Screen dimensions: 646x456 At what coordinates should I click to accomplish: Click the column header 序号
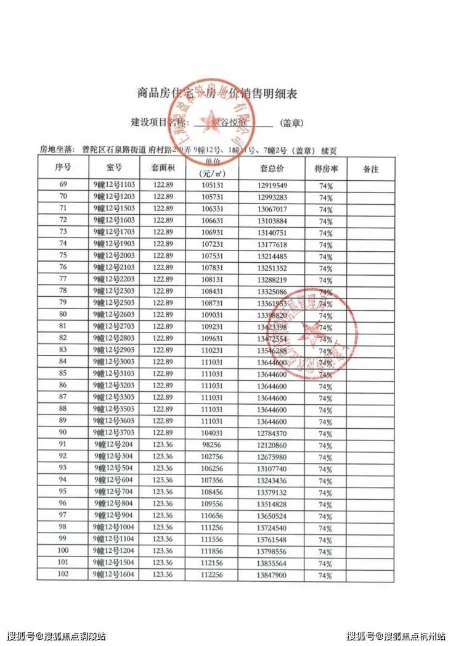coord(63,168)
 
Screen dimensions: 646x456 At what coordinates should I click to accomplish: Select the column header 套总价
coord(271,168)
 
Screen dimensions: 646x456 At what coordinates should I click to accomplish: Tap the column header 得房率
coord(325,168)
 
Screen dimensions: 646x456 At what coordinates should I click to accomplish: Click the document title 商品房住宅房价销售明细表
coord(217,94)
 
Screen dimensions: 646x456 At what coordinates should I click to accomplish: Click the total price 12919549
coord(271,186)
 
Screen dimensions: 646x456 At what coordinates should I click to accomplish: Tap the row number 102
coord(63,574)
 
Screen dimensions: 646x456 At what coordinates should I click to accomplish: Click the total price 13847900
coord(271,575)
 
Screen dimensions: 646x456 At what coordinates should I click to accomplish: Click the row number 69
coord(63,185)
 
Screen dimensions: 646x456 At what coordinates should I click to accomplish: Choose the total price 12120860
coord(271,445)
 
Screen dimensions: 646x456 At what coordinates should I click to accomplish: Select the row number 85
coord(63,374)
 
